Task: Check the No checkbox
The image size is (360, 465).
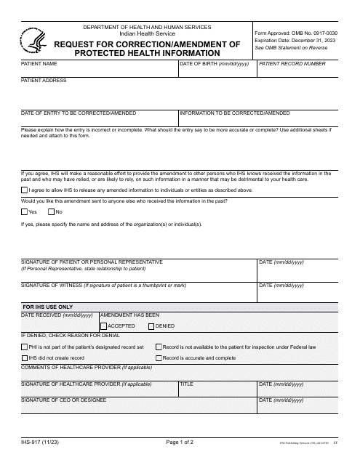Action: click(51, 211)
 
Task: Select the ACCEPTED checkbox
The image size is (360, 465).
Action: click(103, 326)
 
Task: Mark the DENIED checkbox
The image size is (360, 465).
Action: click(151, 326)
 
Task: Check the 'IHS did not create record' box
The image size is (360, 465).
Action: click(24, 358)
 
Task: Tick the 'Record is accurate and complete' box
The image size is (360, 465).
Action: click(159, 358)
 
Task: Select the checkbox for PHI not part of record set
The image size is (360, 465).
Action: click(24, 347)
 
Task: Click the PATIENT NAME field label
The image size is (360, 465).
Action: click(39, 64)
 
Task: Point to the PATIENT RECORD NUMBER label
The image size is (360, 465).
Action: click(292, 64)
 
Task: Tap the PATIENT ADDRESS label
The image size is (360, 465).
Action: click(44, 81)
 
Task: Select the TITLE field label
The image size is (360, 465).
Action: click(186, 383)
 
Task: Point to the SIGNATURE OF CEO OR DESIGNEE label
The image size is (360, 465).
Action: click(64, 400)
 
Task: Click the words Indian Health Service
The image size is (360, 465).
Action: click(147, 34)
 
